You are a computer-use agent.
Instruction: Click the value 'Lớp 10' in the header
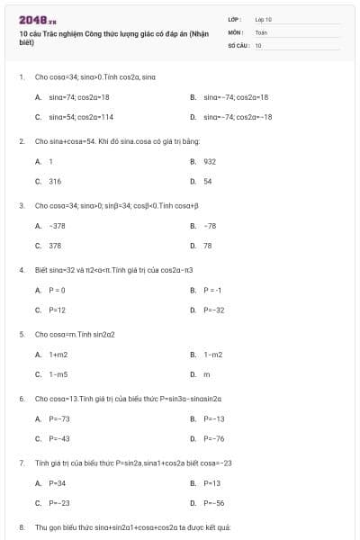pos(264,18)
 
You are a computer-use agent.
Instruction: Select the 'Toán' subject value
pos(261,31)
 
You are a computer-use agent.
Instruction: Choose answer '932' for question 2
pos(210,161)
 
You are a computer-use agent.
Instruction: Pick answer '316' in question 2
pos(55,181)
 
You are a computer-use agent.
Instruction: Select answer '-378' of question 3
pos(57,226)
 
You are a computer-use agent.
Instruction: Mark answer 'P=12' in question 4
pos(58,310)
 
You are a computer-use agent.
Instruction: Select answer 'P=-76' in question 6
pos(214,438)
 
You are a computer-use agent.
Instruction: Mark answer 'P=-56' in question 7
pos(214,503)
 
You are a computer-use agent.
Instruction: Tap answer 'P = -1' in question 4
pos(212,290)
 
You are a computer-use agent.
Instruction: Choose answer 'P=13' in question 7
pos(212,483)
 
